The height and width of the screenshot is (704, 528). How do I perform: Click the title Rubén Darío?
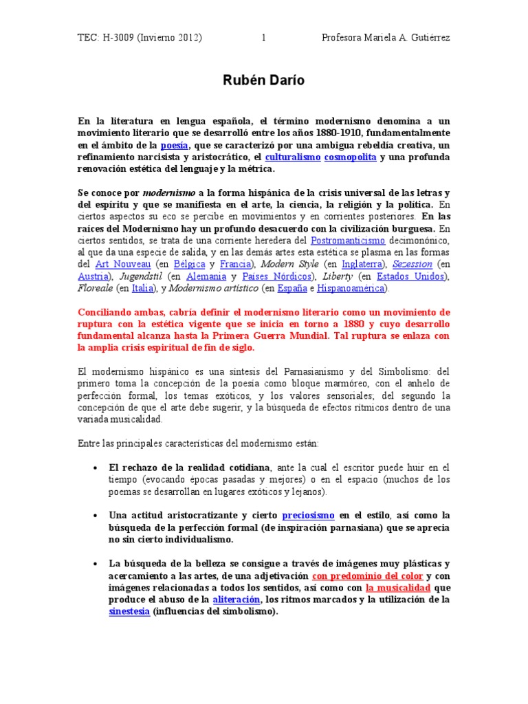263,81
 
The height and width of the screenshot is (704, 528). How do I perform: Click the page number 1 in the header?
263,38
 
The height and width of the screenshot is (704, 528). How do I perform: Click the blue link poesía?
174,145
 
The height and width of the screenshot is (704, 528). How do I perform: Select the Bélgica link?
190,264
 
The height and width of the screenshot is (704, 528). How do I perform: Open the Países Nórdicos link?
273,276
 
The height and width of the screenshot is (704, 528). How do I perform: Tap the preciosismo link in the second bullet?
308,514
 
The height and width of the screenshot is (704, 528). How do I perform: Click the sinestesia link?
129,612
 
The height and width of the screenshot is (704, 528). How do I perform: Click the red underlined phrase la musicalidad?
398,588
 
